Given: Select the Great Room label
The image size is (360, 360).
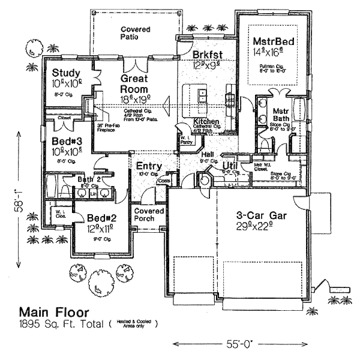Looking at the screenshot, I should coord(135,83).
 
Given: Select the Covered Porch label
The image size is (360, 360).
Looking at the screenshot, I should coord(148,215).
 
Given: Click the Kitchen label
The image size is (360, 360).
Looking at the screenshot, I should coord(206,122).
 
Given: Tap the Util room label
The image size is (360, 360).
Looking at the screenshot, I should coord(231,165).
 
